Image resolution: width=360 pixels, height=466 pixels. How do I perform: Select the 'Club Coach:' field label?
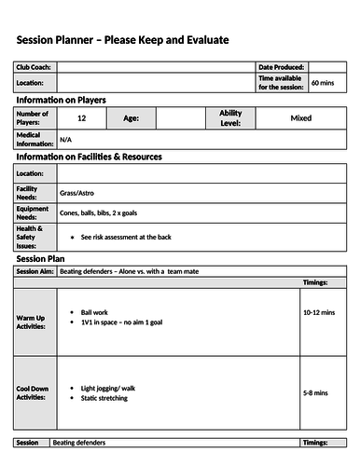tap(34, 68)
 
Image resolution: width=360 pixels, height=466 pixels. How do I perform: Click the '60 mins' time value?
tap(322, 83)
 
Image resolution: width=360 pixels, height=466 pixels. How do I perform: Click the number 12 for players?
tap(82, 118)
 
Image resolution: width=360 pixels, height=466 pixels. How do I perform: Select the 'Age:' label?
tap(131, 118)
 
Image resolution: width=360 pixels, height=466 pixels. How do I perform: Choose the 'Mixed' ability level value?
tap(300, 118)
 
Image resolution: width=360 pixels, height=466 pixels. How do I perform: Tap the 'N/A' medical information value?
tap(65, 140)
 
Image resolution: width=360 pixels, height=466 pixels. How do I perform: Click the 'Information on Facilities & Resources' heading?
tap(89, 157)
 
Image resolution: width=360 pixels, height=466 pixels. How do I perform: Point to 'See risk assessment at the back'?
tap(126, 237)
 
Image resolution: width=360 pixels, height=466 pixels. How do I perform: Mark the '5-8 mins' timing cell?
tap(315, 393)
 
